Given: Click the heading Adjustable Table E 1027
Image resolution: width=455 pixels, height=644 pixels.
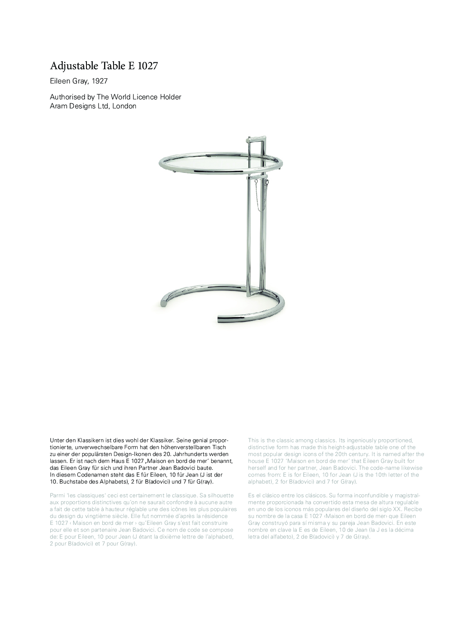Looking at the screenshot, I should pos(105,66).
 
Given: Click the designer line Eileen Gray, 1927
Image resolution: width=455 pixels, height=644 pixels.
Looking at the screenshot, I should pos(79,81).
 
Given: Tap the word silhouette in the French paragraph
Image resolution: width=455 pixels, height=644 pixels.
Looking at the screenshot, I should pos(219,496).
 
